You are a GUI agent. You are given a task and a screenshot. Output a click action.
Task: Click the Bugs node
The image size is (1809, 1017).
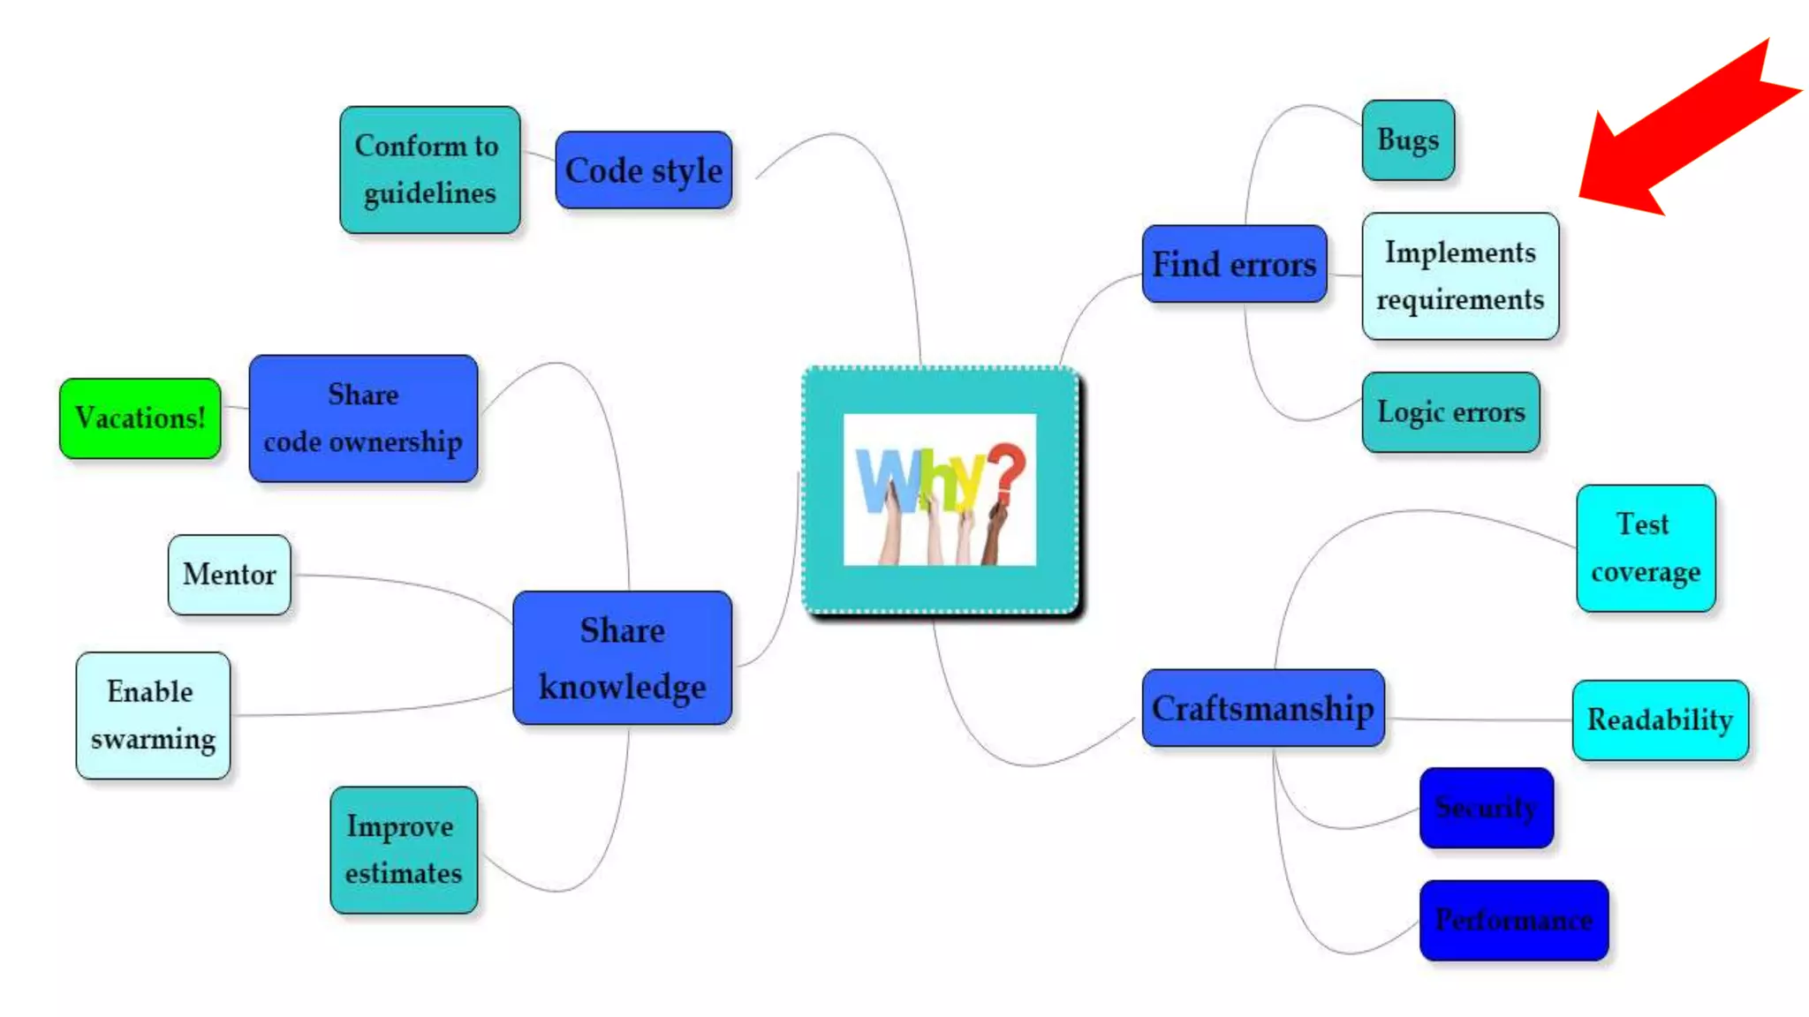(x=1407, y=140)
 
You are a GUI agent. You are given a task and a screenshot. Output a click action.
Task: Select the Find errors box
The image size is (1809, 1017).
(x=1233, y=264)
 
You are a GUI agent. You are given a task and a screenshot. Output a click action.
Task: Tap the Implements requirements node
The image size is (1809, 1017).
(x=1459, y=276)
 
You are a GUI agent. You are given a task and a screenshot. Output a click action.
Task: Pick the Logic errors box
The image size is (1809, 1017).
(x=1450, y=412)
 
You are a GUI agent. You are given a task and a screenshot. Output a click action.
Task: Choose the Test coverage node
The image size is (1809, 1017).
(x=1645, y=548)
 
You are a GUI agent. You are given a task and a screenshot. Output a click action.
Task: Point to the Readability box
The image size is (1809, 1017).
(x=1659, y=720)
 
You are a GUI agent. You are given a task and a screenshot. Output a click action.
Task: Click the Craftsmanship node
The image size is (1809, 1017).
(x=1262, y=708)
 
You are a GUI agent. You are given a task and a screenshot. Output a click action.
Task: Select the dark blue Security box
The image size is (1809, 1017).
(x=1486, y=808)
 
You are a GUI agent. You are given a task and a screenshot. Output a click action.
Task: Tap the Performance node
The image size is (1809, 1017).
(x=1513, y=921)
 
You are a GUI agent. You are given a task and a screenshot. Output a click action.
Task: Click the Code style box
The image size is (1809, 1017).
(x=643, y=170)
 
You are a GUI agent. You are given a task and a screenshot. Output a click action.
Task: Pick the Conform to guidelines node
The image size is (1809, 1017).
(x=429, y=169)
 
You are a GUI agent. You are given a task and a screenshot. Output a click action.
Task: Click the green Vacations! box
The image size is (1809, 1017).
(x=140, y=418)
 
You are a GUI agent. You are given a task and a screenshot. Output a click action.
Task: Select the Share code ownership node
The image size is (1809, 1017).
(x=363, y=418)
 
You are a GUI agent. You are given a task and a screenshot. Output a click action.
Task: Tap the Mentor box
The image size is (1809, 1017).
(x=229, y=575)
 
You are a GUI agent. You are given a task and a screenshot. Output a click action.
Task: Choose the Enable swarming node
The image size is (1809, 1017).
(x=153, y=716)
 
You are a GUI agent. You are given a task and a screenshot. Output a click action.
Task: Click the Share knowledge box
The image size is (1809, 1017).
(x=622, y=659)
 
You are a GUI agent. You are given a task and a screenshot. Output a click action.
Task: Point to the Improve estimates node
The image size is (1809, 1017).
(x=404, y=850)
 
